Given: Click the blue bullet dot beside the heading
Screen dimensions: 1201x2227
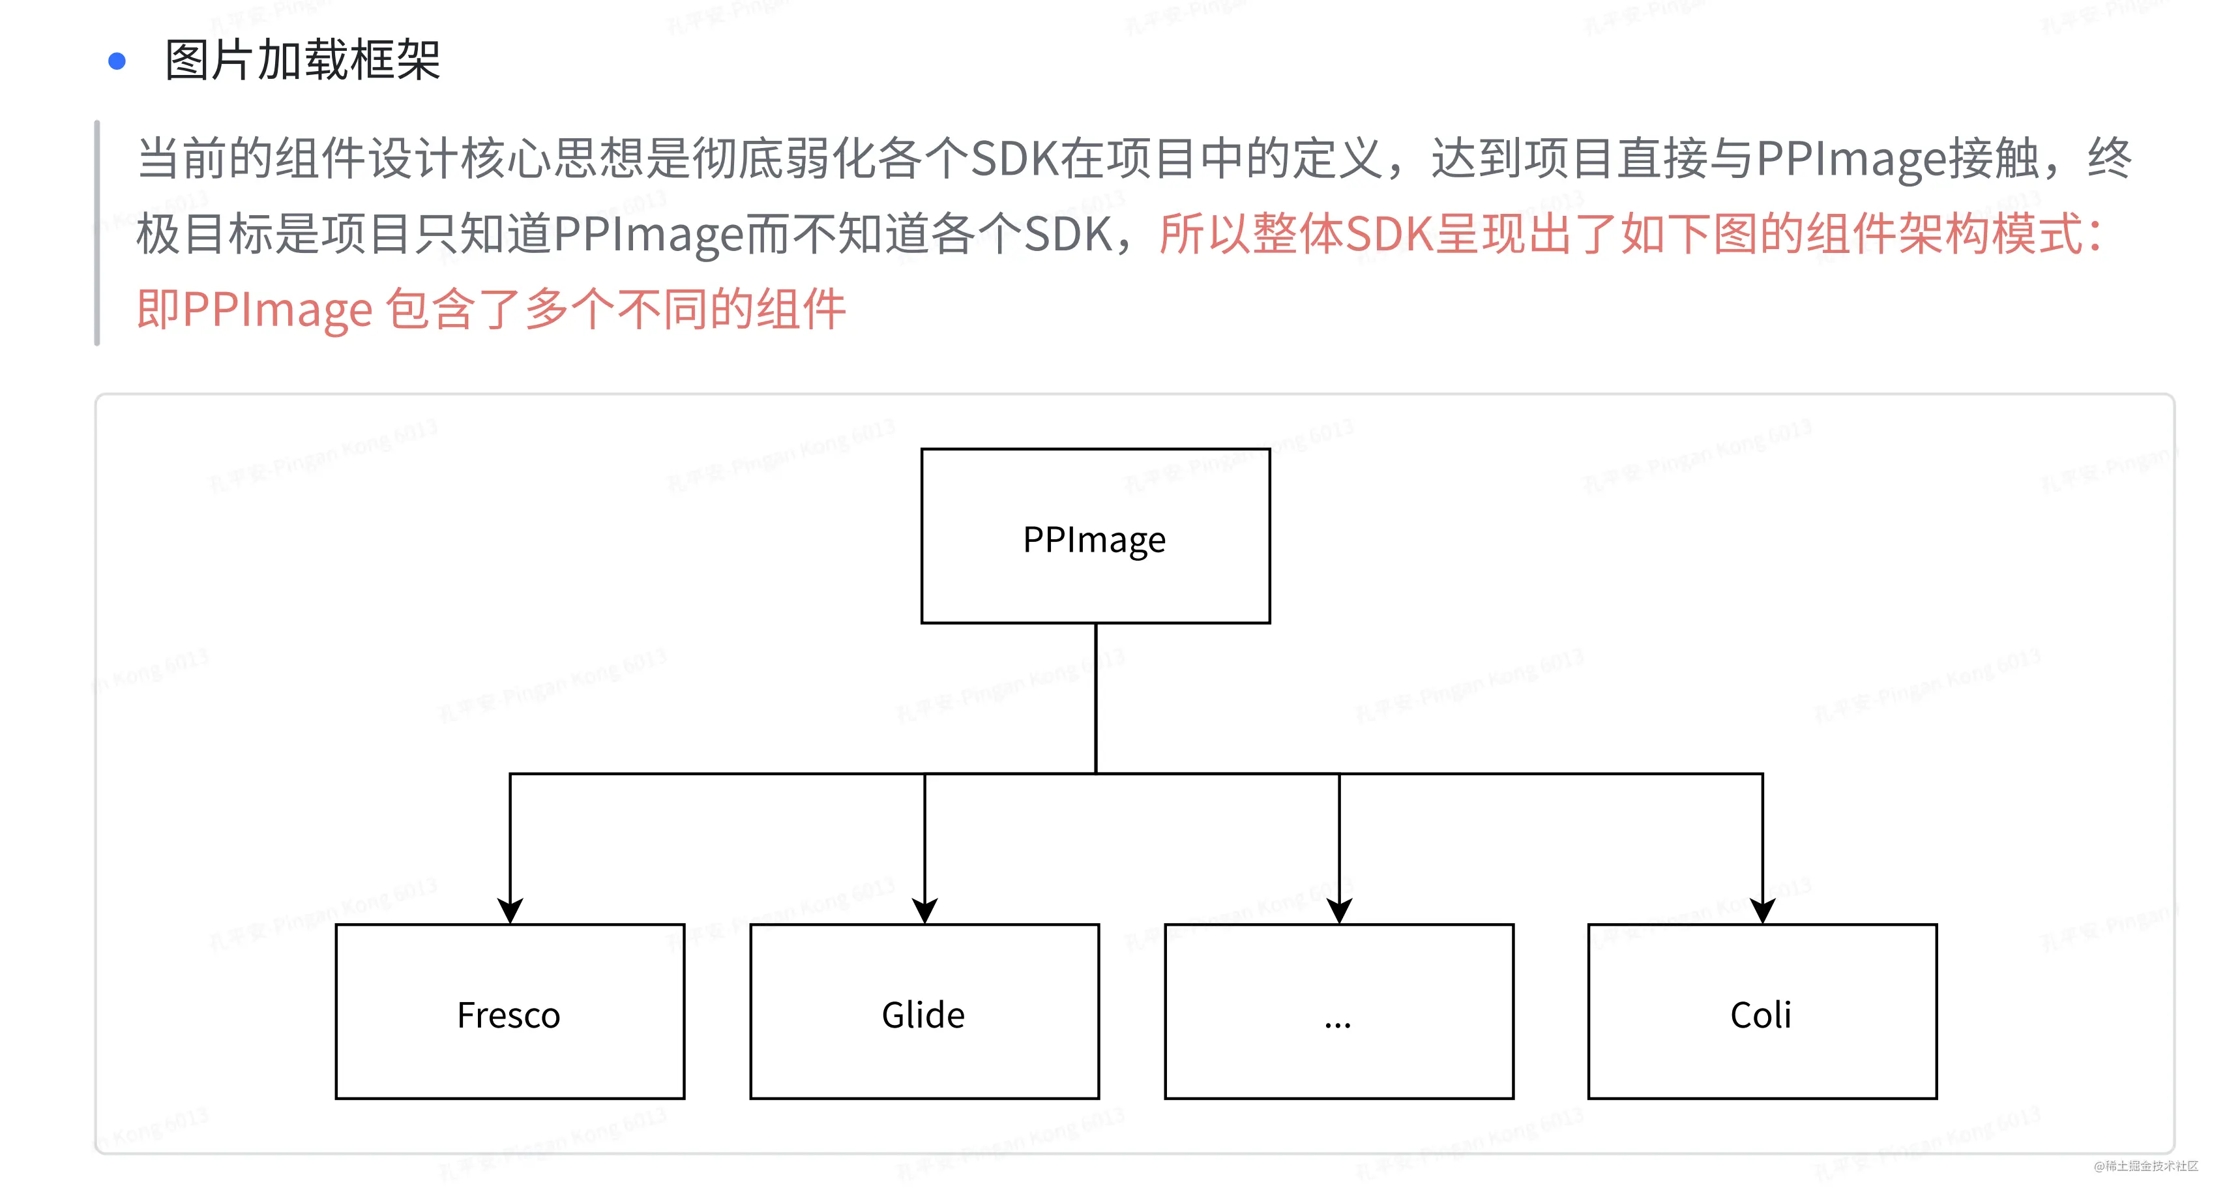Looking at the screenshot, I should pos(117,61).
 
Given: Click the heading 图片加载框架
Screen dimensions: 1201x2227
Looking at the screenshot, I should pos(302,61).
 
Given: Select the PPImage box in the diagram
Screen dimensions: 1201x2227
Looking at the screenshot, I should pos(1095,535).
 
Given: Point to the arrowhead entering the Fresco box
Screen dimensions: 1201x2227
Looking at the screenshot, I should pos(510,910).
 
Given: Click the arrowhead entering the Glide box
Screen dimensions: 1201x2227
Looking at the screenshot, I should pos(924,910).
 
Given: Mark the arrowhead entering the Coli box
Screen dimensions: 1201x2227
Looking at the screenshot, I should pos(1762,910).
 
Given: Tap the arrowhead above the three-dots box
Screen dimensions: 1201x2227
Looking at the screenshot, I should pos(1339,910).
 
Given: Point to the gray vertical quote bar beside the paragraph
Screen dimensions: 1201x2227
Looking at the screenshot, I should pos(98,233).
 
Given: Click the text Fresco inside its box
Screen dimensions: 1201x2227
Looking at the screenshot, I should pos(509,1015).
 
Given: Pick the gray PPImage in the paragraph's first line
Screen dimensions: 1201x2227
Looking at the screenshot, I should pos(1850,159).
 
